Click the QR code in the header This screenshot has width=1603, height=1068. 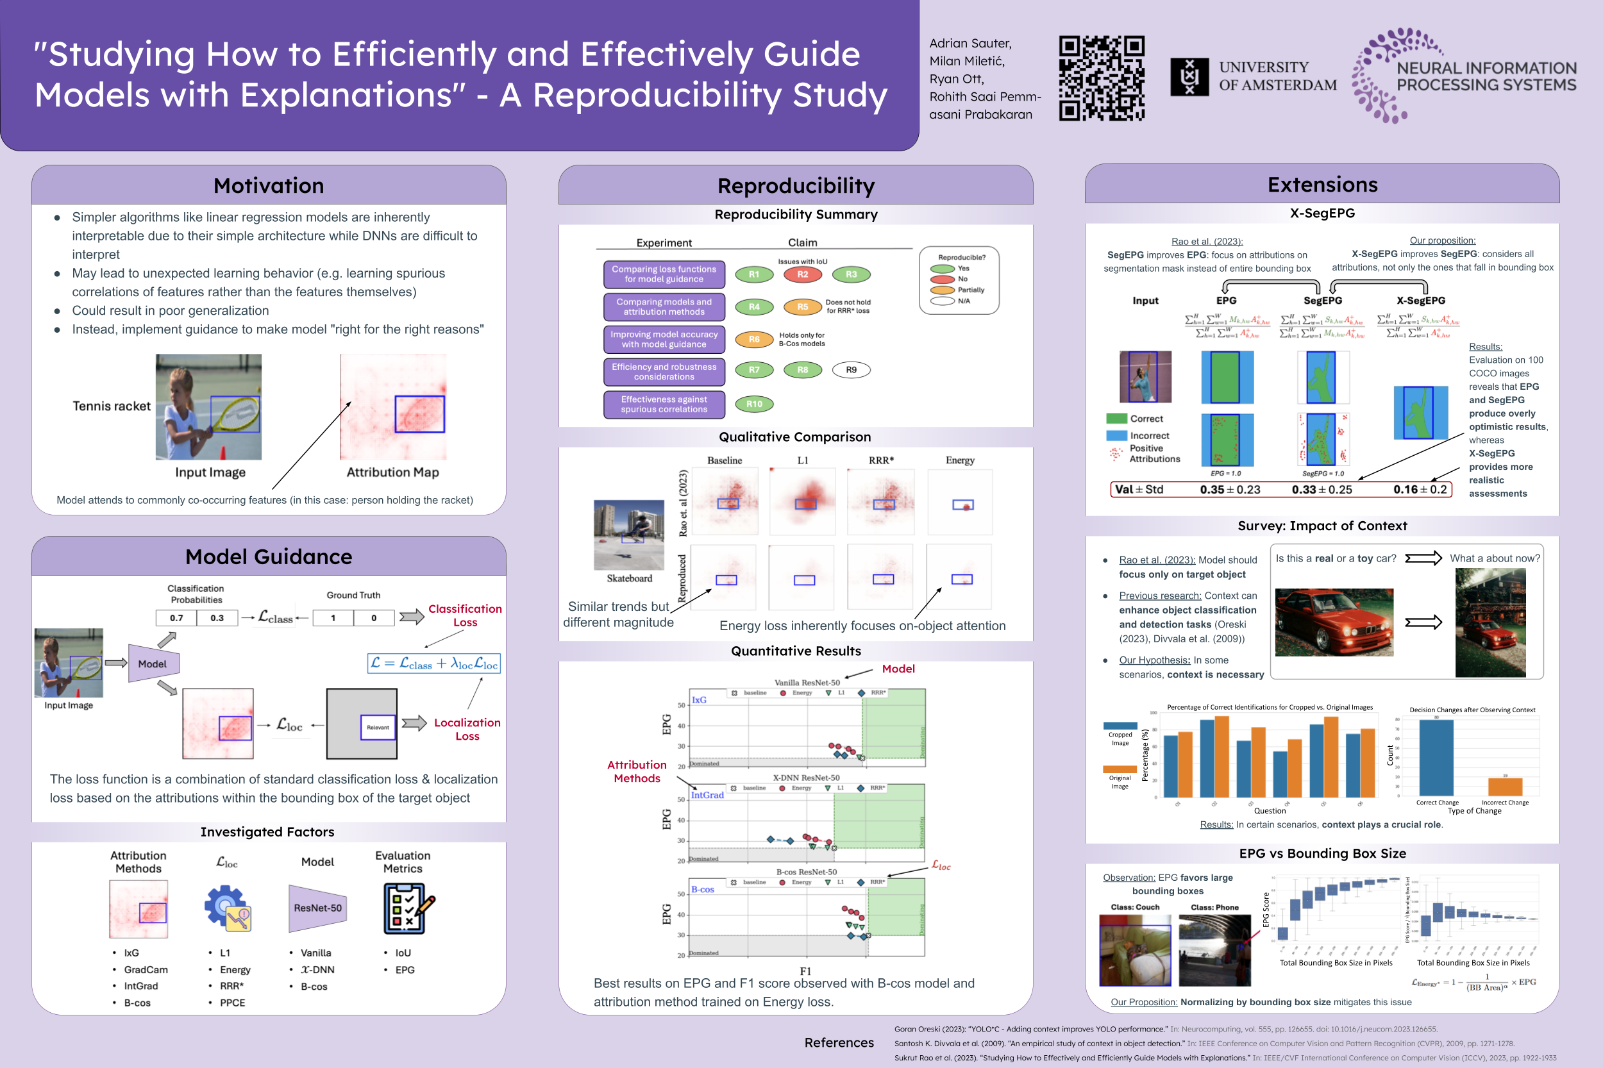tap(1101, 78)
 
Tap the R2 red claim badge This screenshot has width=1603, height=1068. tap(803, 274)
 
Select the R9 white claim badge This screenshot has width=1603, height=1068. tap(851, 370)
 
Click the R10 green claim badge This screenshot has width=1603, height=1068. tap(754, 404)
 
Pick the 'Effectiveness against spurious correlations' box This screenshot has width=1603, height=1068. tap(664, 405)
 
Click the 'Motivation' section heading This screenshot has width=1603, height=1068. tap(269, 185)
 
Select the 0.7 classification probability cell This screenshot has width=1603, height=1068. tap(176, 618)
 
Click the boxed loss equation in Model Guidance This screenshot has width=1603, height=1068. tap(434, 663)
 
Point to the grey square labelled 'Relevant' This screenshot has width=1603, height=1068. tap(362, 723)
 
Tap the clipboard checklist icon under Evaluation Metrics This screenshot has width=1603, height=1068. tap(407, 908)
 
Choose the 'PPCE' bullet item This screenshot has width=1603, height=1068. tap(232, 1003)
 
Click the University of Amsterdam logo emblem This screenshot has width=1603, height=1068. tap(1189, 76)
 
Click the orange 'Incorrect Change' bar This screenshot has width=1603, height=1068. tap(1505, 787)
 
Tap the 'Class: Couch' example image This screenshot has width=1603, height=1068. tap(1134, 950)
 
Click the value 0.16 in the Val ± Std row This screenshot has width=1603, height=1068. tap(1406, 489)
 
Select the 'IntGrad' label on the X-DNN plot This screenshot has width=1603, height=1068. tap(707, 795)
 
